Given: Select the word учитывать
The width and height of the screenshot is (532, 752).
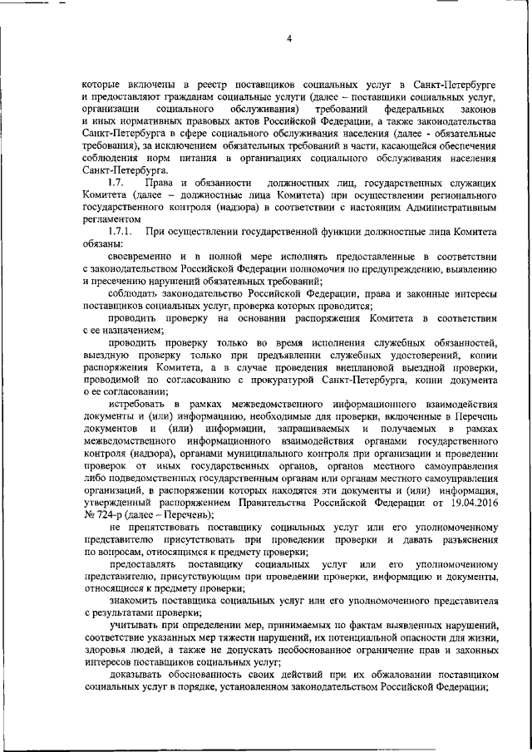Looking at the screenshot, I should pos(136,622).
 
